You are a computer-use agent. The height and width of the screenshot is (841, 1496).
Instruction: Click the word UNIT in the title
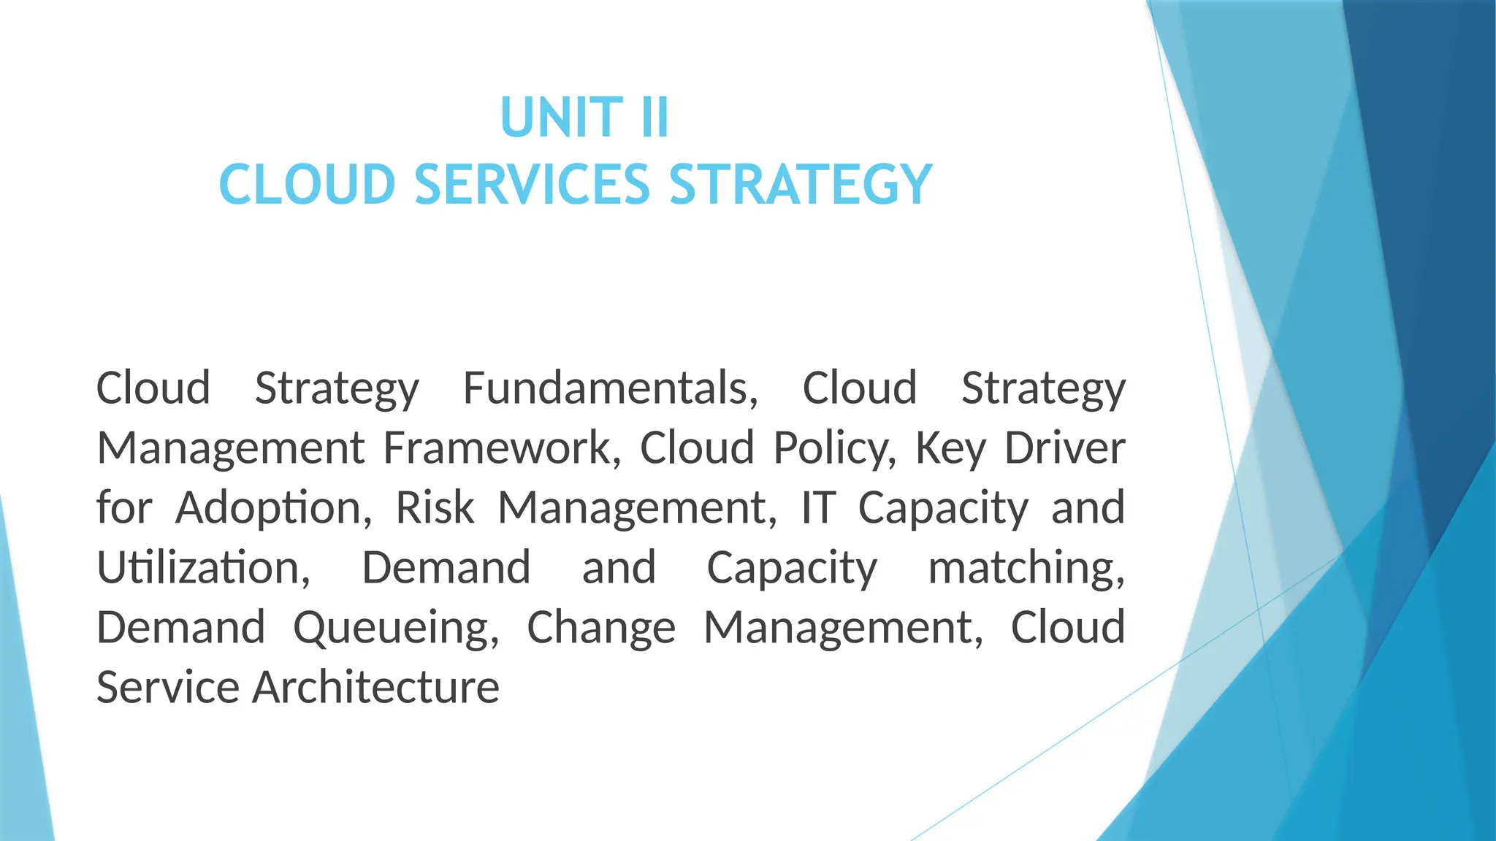click(561, 118)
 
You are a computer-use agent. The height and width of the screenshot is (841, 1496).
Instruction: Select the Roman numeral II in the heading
click(654, 118)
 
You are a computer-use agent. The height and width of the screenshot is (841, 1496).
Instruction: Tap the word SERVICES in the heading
click(533, 184)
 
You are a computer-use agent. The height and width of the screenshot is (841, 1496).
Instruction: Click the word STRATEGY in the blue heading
click(801, 184)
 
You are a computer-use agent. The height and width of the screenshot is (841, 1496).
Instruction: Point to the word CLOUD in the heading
click(308, 184)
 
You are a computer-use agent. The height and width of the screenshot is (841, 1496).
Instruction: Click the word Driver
click(1064, 448)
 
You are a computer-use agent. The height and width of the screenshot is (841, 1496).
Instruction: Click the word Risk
click(435, 507)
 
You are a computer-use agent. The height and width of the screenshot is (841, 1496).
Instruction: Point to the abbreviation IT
click(818, 508)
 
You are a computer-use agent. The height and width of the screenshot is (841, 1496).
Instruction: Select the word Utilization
click(204, 568)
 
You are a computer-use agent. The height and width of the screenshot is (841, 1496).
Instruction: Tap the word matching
click(1026, 569)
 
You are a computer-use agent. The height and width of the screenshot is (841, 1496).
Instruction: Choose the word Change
click(601, 629)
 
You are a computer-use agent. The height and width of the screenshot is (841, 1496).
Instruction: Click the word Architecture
click(375, 688)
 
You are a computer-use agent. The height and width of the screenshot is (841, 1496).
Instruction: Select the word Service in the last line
click(168, 688)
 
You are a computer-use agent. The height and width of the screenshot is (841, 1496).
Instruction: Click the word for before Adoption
click(124, 507)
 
